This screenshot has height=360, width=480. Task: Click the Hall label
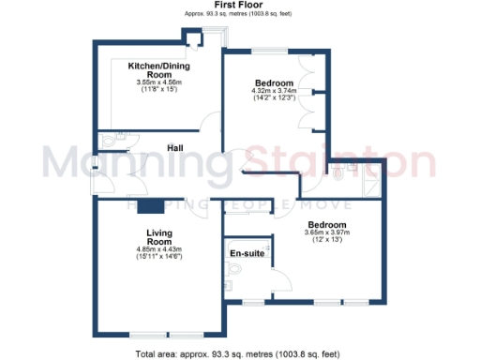175,148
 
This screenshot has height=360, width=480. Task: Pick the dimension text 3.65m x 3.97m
327,234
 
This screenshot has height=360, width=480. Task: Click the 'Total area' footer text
238,353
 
